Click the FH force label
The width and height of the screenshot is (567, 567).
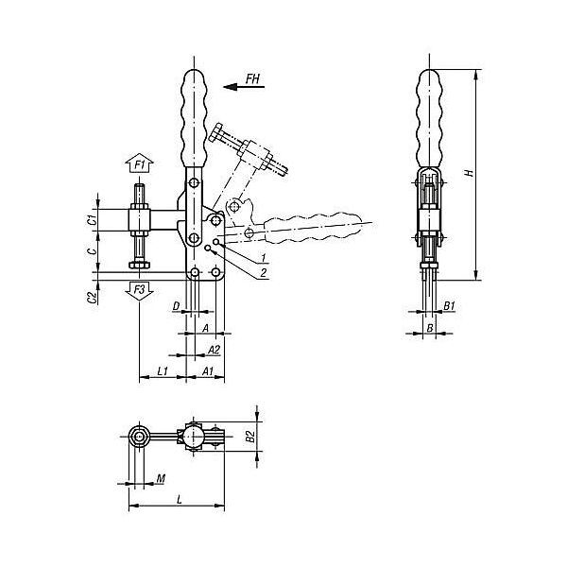coord(252,78)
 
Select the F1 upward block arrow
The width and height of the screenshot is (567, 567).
coord(140,164)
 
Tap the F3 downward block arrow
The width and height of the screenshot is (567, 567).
coord(140,291)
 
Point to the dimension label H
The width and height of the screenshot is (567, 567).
coord(470,173)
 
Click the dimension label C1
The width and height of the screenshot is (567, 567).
coord(93,219)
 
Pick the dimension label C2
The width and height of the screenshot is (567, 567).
coord(93,298)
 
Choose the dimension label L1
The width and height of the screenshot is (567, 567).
coord(163,370)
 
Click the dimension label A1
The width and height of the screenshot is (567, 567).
coord(208,370)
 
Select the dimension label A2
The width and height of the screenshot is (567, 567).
coord(214,350)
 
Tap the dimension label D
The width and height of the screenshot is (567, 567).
coord(176,306)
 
